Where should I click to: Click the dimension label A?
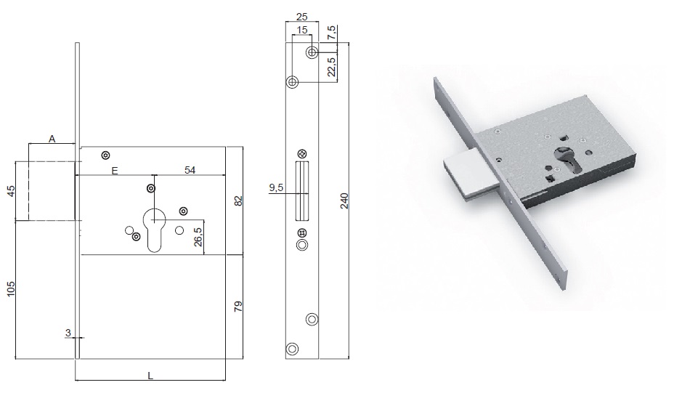[52, 139]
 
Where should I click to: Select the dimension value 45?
[12, 190]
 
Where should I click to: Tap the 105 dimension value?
[12, 289]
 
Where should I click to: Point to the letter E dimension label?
[115, 171]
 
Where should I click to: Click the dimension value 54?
[190, 170]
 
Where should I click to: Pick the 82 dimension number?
[238, 201]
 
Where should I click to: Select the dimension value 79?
[238, 306]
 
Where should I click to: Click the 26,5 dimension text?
[198, 237]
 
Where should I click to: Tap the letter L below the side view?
[150, 376]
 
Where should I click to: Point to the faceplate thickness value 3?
[68, 333]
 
